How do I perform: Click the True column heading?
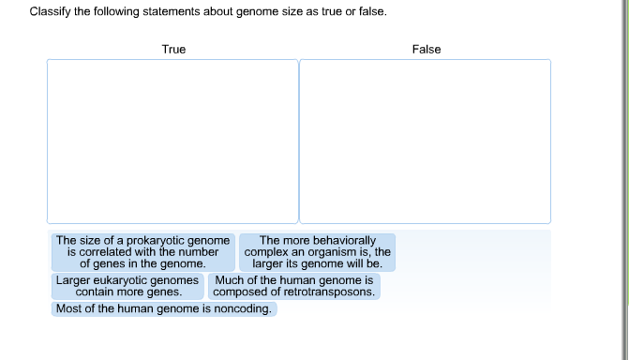tap(173, 49)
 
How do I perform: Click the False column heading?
tap(426, 49)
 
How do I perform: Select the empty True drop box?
tap(172, 141)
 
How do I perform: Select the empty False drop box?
tap(425, 141)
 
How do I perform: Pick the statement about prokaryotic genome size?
tap(142, 252)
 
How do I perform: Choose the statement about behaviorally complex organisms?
tap(317, 252)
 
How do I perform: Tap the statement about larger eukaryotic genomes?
tap(128, 286)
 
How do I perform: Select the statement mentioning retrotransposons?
tap(294, 286)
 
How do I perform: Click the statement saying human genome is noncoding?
tap(164, 308)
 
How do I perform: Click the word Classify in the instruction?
tap(51, 12)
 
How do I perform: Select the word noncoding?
tap(243, 308)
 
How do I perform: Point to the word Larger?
tap(72, 280)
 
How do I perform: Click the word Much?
tap(230, 280)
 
